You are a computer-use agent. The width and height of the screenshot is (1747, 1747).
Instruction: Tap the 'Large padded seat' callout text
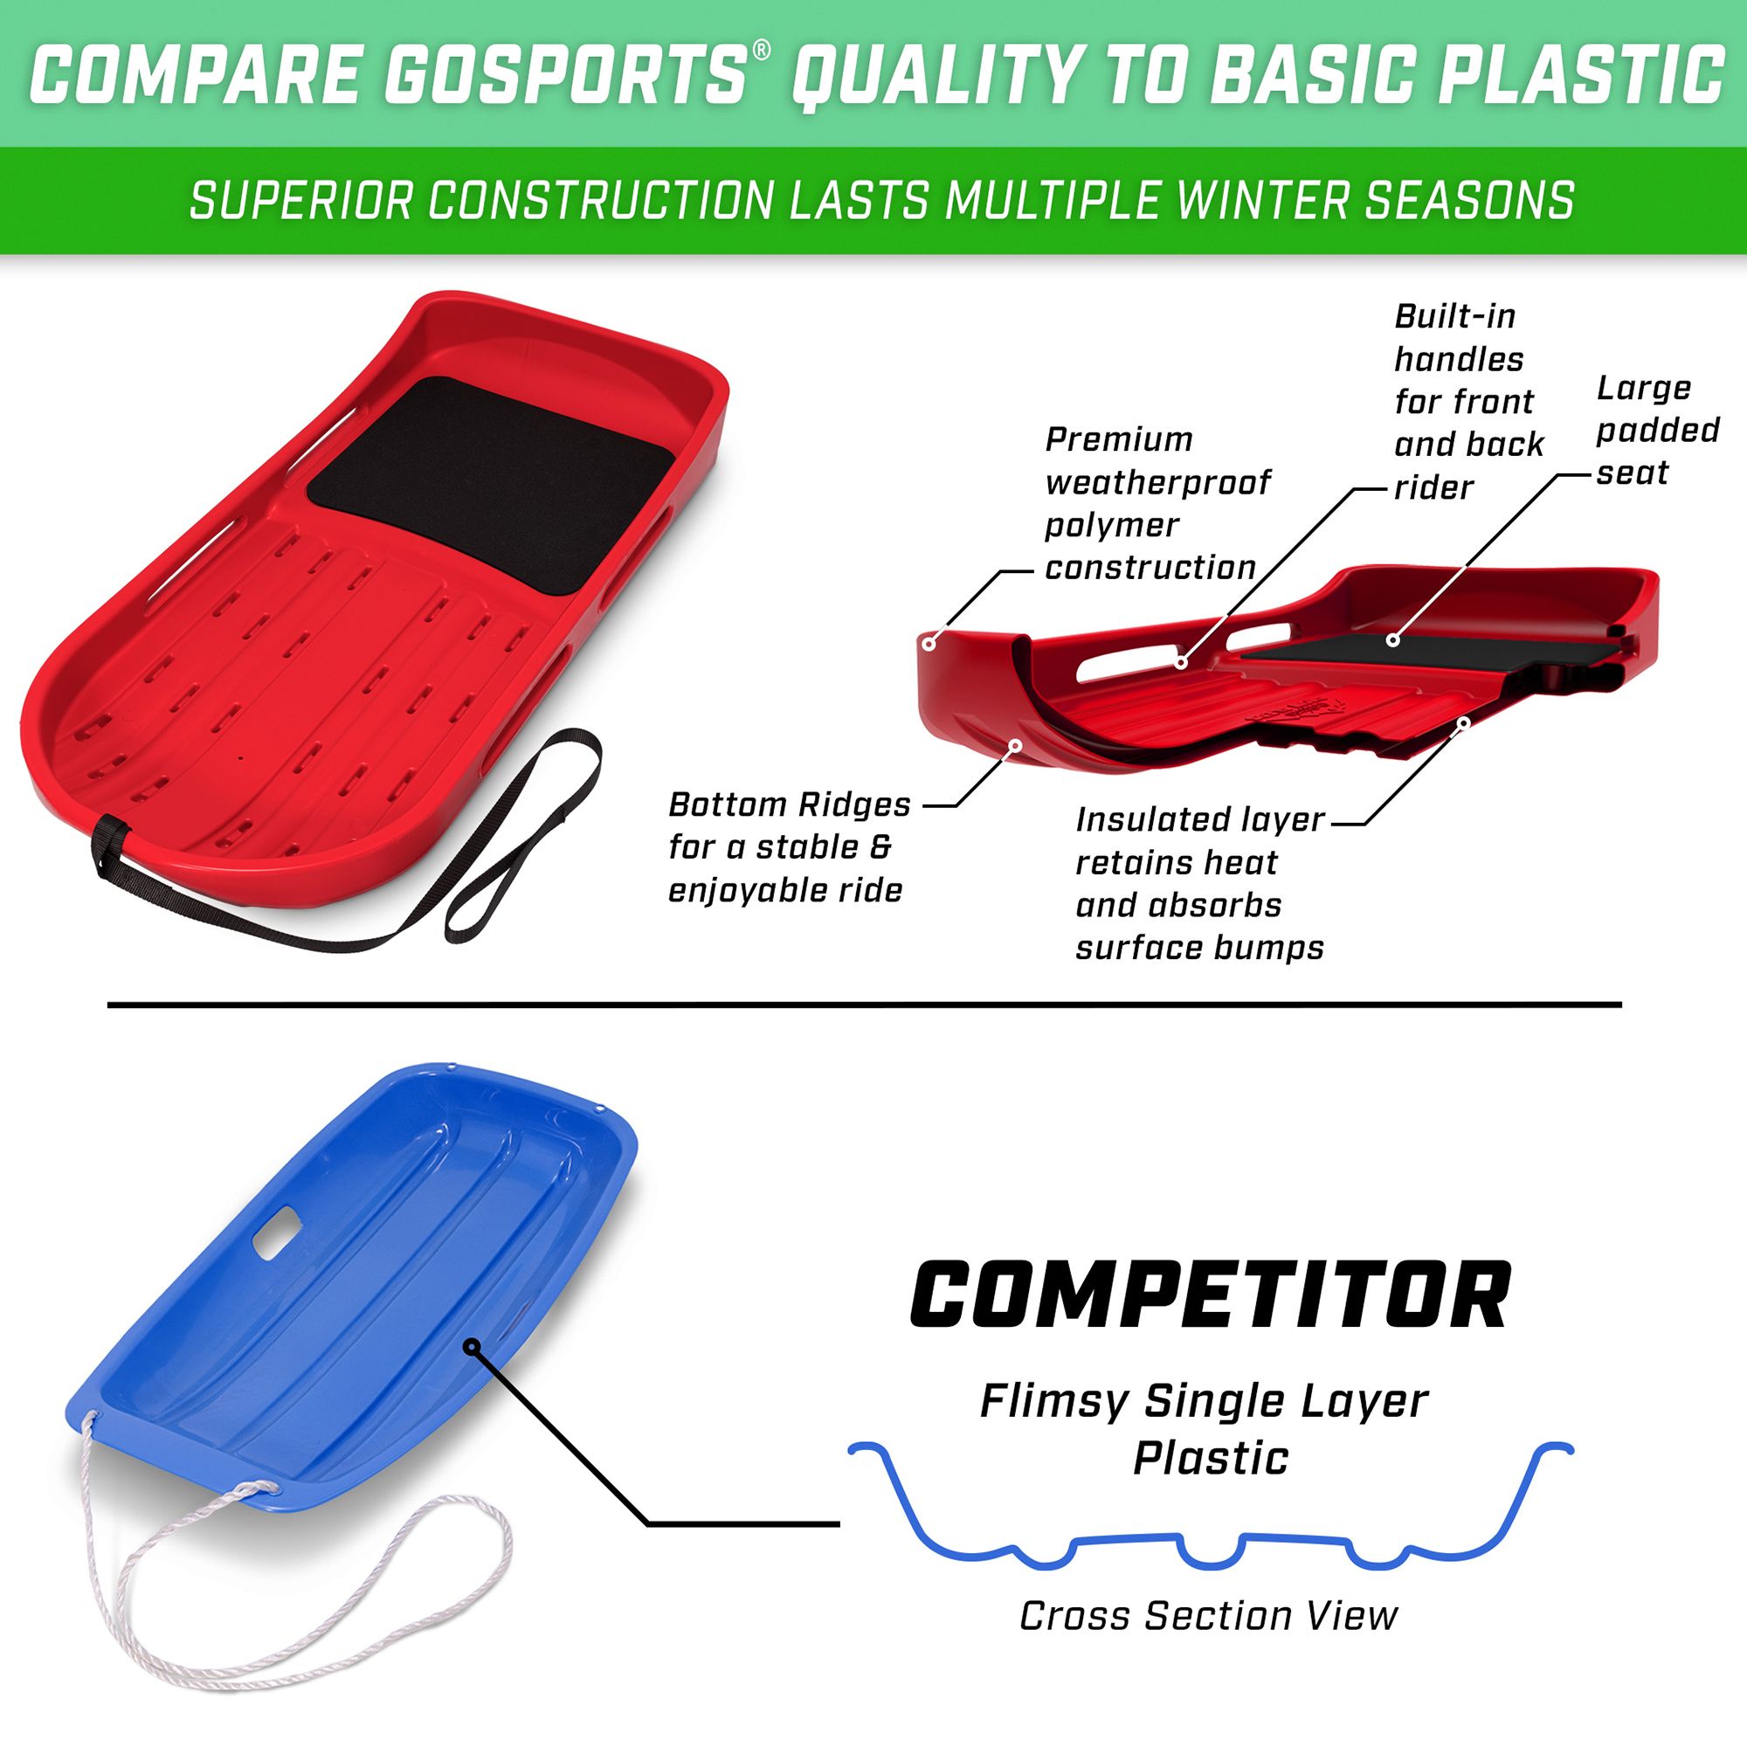coord(1655,431)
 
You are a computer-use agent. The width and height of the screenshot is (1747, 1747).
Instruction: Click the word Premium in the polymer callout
coord(1119,440)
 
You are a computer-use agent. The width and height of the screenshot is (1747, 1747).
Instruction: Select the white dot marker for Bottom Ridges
coord(1014,745)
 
